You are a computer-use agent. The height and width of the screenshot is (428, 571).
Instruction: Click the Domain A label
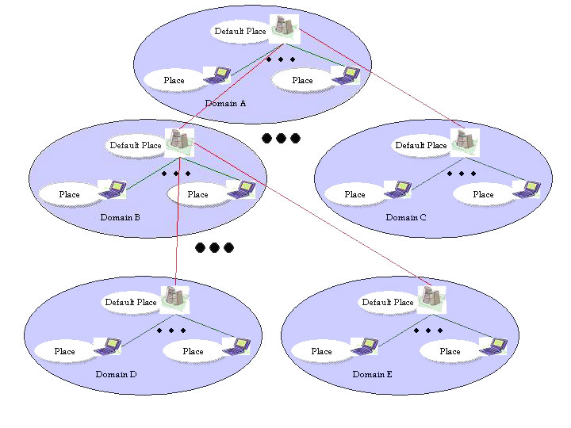tap(226, 104)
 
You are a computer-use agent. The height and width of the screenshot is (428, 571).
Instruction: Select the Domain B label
tap(121, 217)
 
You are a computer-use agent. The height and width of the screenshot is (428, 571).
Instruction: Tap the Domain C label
tap(406, 217)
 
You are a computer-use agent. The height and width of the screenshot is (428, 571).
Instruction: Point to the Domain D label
tap(116, 374)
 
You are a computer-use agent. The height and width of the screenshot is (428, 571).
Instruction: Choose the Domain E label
tap(373, 374)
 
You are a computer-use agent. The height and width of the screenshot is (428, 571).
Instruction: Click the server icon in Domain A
tap(282, 27)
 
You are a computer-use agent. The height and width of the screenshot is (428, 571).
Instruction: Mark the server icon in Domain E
tap(431, 297)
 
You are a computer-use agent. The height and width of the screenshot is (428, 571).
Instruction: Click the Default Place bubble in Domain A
tap(240, 32)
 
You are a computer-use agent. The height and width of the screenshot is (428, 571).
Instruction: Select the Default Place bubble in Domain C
tap(421, 145)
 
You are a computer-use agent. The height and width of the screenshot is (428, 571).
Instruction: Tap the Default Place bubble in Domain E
tap(388, 302)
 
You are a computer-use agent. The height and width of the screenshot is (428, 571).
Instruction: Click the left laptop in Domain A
tap(217, 76)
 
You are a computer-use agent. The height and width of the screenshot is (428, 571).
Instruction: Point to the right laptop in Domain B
tap(240, 189)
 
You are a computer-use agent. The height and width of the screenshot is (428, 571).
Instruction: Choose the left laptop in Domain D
tap(107, 346)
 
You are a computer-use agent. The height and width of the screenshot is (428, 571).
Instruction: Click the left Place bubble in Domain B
tap(70, 194)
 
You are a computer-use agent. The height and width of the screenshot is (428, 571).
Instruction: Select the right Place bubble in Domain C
tap(484, 194)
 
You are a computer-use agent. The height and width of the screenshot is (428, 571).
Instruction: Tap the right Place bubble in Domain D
tap(194, 351)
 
